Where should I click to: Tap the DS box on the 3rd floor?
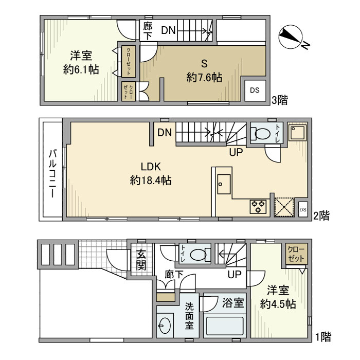pyautogui.click(x=255, y=90)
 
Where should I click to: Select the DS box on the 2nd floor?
pyautogui.click(x=303, y=209)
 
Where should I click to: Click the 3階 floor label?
pyautogui.click(x=279, y=100)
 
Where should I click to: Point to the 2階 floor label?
pyautogui.click(x=321, y=215)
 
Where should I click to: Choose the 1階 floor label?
pyautogui.click(x=323, y=337)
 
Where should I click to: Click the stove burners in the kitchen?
pyautogui.click(x=258, y=206)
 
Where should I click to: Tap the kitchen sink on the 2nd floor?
pyautogui.click(x=224, y=184)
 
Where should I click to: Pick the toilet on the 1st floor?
pyautogui.click(x=200, y=255)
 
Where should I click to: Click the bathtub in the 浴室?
pyautogui.click(x=225, y=326)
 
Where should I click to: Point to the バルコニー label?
pyautogui.click(x=52, y=173)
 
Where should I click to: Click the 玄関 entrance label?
pyautogui.click(x=141, y=259)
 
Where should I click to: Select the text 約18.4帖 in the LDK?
pyautogui.click(x=151, y=181)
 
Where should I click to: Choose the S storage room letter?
pyautogui.click(x=204, y=63)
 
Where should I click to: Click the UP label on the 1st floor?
pyautogui.click(x=235, y=274)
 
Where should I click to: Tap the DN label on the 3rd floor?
pyautogui.click(x=168, y=30)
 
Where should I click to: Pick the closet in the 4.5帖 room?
pyautogui.click(x=296, y=254)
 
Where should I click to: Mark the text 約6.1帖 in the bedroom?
pyautogui.click(x=81, y=69)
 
